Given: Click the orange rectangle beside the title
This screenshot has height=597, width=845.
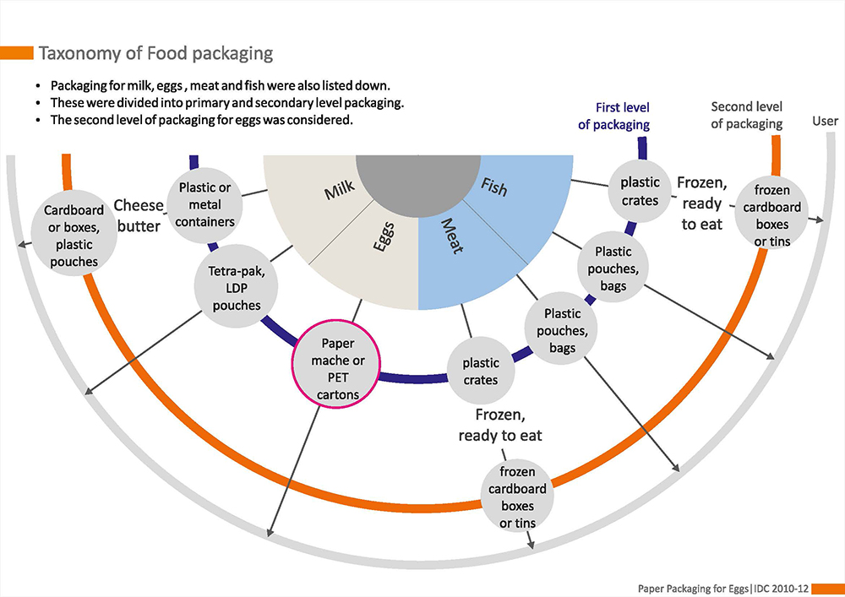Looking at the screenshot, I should coord(16,53).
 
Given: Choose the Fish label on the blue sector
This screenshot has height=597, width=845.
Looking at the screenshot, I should coord(494,187).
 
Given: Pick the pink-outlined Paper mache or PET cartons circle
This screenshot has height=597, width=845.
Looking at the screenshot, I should coord(337,362).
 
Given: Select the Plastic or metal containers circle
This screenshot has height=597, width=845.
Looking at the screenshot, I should coord(205,204).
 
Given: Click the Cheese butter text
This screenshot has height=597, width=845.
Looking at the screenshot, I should coord(137,215).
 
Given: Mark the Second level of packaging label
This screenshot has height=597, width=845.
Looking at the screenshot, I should coord(746,116).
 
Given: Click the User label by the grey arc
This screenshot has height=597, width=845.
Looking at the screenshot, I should coord(825,121).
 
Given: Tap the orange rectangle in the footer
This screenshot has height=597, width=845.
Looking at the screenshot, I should coord(831,587).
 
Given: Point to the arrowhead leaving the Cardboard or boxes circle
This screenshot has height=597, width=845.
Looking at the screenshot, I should coord(20,247).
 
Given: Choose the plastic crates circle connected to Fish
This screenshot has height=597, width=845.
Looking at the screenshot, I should coord(640,192).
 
